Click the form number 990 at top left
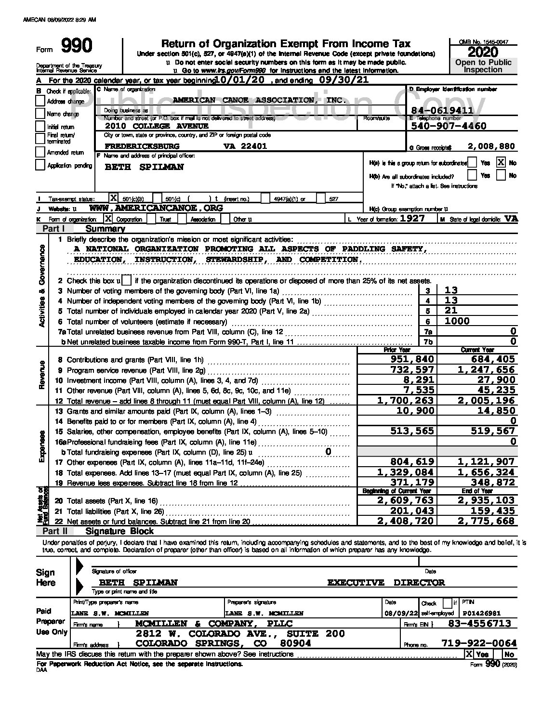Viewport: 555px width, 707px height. [x=77, y=47]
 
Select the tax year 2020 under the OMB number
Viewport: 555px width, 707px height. [x=483, y=52]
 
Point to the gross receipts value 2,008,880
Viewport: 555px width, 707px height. [x=491, y=146]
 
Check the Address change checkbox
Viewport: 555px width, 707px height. [x=40, y=101]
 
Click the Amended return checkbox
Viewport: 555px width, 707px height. [x=40, y=152]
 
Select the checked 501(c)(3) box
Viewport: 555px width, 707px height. [x=114, y=198]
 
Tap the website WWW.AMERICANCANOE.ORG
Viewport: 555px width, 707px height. [x=156, y=208]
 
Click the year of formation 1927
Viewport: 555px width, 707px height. [x=412, y=219]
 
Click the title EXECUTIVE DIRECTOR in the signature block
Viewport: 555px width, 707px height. [x=386, y=583]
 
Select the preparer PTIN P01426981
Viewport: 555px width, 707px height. [x=481, y=613]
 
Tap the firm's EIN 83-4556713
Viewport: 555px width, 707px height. [x=479, y=624]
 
